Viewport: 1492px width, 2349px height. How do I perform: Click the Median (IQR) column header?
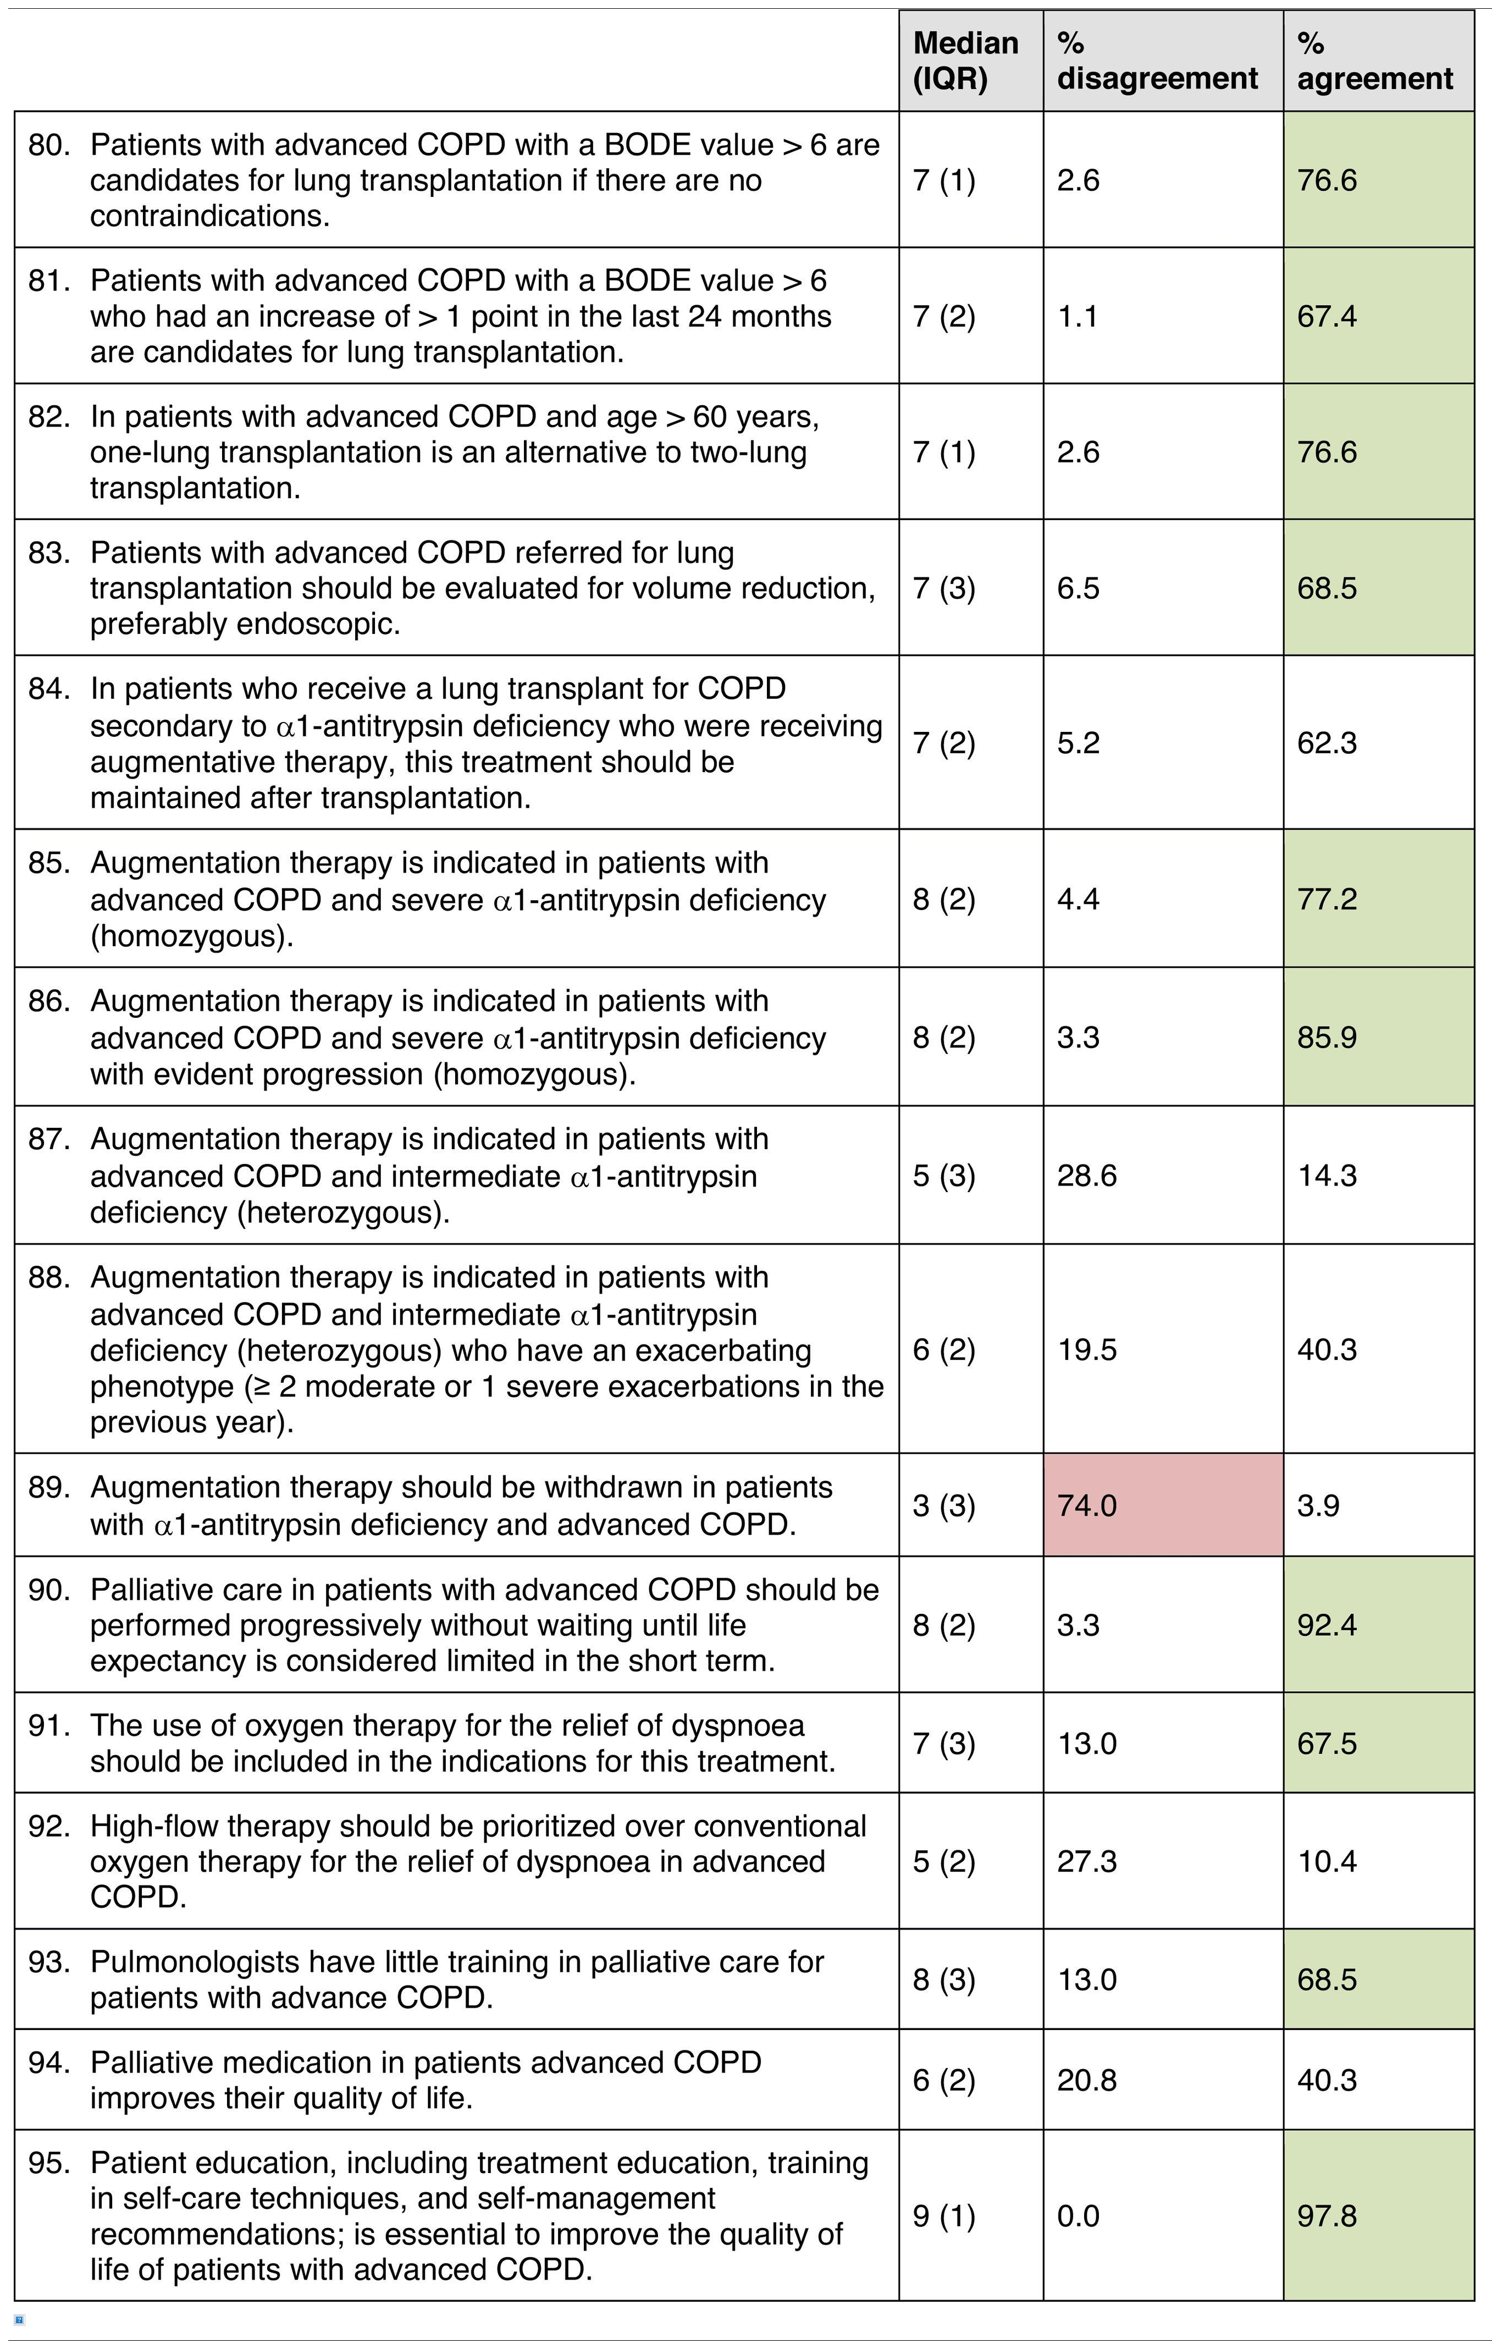(965, 60)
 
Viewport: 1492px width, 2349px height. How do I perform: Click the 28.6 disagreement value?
(1086, 1176)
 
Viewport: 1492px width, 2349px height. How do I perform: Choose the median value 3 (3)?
(943, 1505)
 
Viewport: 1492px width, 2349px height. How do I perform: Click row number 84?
(49, 689)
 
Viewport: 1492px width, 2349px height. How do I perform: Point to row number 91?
(49, 1725)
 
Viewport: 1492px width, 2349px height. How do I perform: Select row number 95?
(49, 2163)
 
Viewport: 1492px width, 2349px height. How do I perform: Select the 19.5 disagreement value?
(1086, 1350)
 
